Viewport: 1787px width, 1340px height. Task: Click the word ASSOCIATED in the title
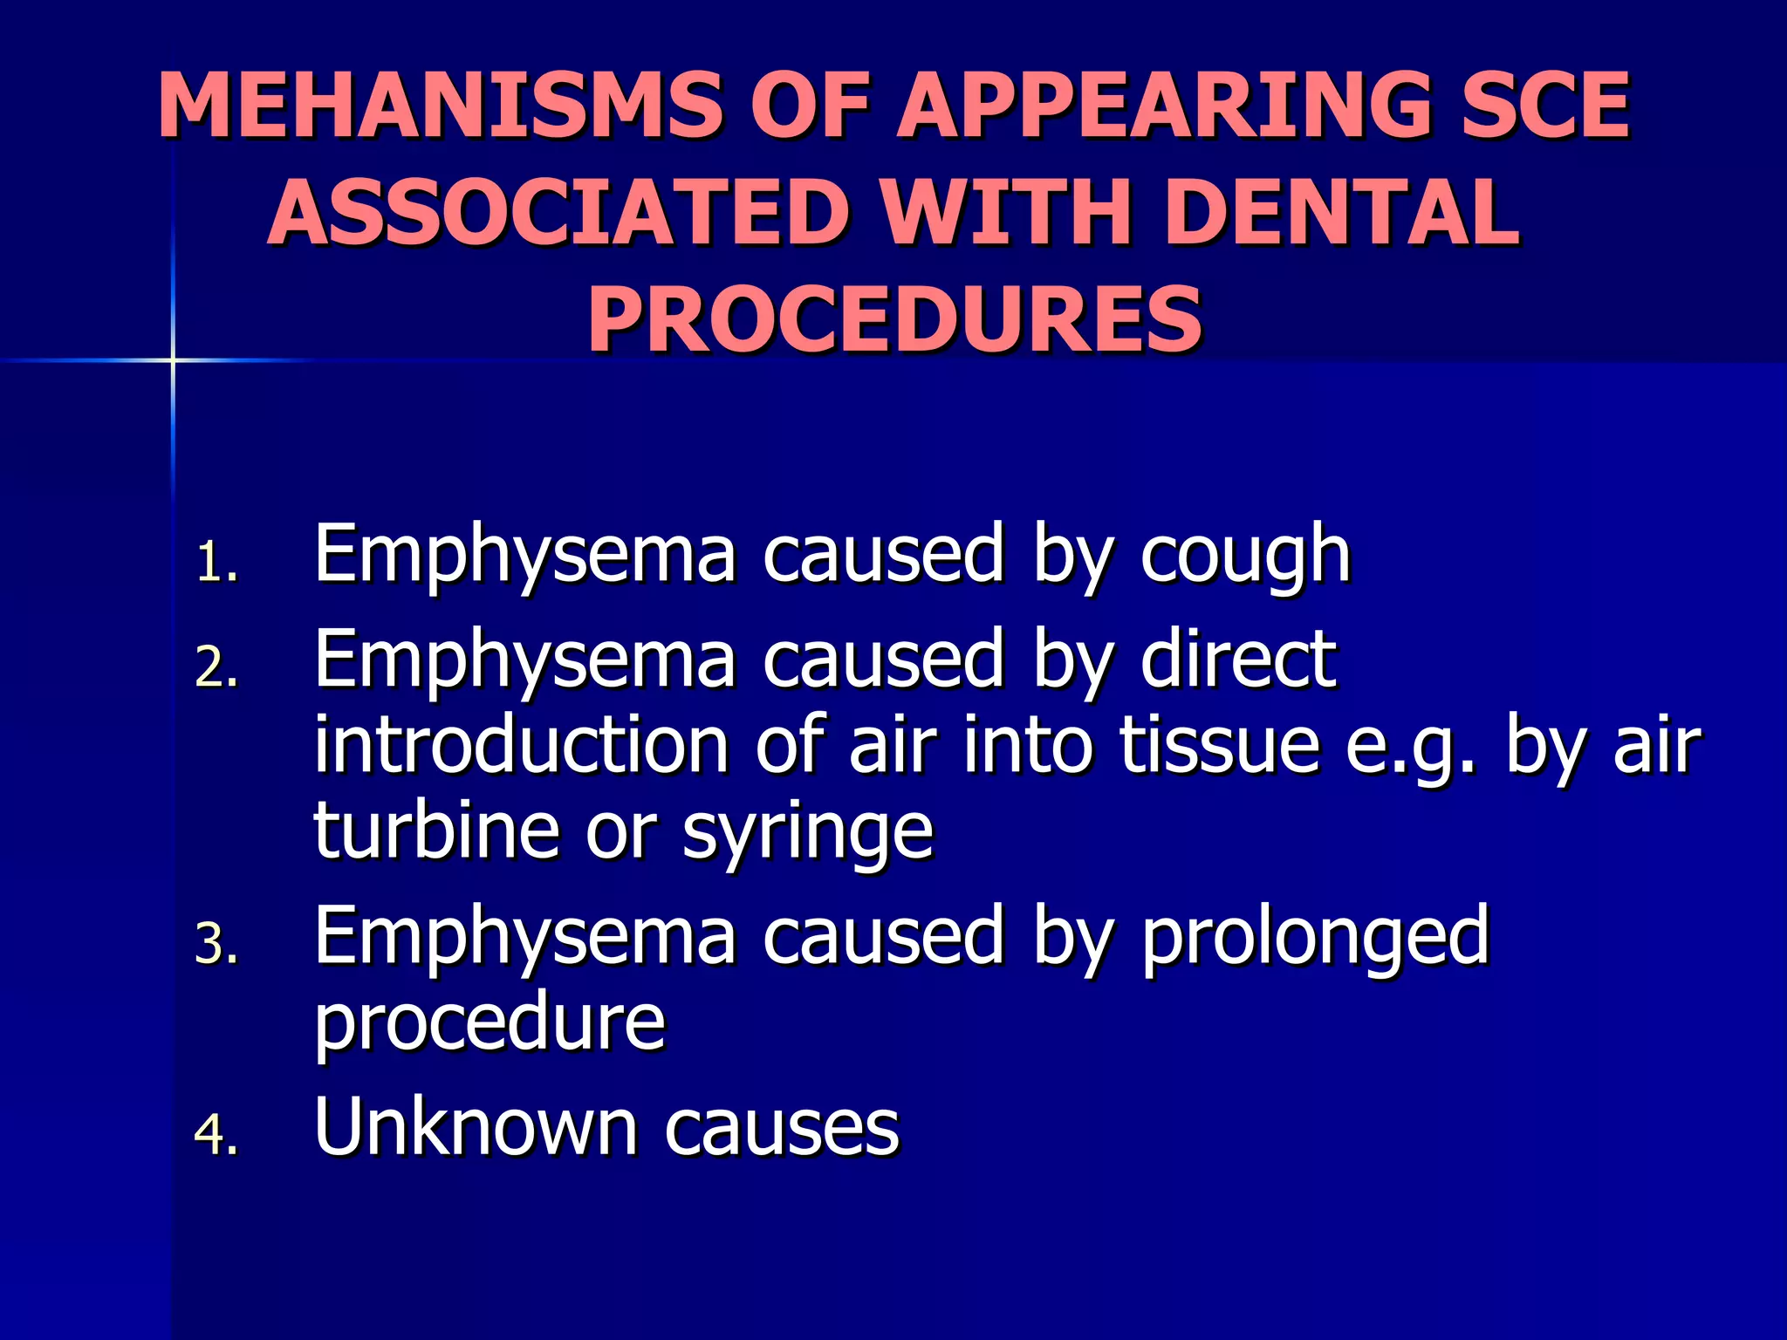pyautogui.click(x=558, y=212)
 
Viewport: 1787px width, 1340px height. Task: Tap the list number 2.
pyautogui.click(x=215, y=669)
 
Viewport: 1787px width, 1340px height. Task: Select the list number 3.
pyautogui.click(x=215, y=945)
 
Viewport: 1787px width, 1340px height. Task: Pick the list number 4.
pyautogui.click(x=215, y=1136)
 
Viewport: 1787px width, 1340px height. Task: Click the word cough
pyautogui.click(x=1245, y=556)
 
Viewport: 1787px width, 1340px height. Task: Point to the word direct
pyautogui.click(x=1238, y=660)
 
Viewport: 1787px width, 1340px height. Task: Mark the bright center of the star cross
pyautogui.click(x=173, y=359)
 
